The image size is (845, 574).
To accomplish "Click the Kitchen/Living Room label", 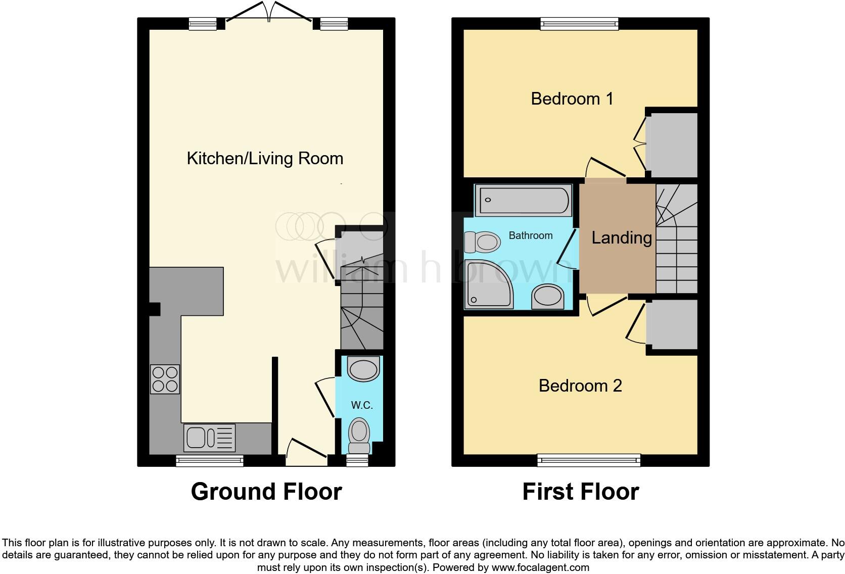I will click(265, 159).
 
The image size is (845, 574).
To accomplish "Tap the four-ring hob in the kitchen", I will click(165, 379).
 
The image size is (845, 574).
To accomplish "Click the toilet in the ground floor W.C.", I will click(359, 435).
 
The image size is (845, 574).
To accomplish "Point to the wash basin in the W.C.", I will click(364, 369).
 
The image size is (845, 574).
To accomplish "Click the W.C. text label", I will click(362, 405).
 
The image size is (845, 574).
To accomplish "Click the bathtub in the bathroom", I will click(523, 200).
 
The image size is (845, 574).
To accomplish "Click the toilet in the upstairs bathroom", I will click(483, 242).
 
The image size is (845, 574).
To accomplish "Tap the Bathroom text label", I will click(530, 235).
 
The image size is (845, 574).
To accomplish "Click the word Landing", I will click(621, 237).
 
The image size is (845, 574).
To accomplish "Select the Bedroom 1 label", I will click(572, 99).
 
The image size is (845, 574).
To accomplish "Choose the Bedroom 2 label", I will click(580, 386).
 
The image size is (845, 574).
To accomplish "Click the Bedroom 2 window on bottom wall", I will click(589, 460).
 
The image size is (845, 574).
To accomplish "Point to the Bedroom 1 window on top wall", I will click(579, 23).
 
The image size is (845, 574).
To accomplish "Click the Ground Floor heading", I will click(266, 492).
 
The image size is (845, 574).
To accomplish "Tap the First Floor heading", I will click(580, 492).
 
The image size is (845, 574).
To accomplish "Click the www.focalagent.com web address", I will click(540, 567).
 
